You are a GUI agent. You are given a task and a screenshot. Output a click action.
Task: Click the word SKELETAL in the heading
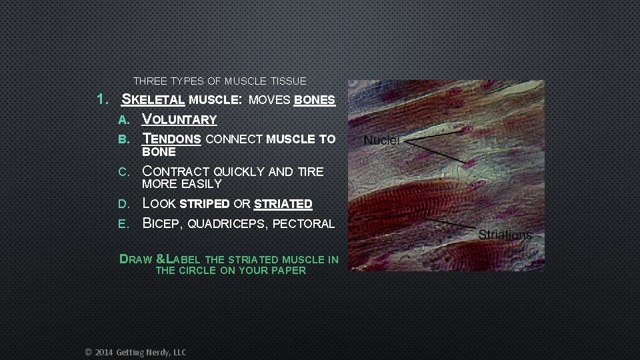(153, 100)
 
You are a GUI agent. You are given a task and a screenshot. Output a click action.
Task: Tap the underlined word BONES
(314, 100)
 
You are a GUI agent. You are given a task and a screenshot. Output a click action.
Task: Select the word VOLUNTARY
(180, 120)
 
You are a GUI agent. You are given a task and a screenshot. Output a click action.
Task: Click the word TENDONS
(172, 139)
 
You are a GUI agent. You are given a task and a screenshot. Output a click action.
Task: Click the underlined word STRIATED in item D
(283, 203)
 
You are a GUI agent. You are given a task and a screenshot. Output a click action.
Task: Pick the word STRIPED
(205, 203)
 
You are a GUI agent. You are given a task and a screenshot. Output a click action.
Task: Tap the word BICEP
(162, 224)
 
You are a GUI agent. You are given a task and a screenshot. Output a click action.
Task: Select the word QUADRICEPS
(227, 224)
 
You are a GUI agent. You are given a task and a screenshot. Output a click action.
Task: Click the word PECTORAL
(303, 224)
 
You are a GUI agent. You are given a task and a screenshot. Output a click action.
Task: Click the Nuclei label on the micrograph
(382, 141)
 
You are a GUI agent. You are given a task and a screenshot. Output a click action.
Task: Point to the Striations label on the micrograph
(505, 235)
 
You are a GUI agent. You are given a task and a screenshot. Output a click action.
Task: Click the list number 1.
(102, 100)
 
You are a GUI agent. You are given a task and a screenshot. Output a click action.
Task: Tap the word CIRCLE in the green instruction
(197, 271)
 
